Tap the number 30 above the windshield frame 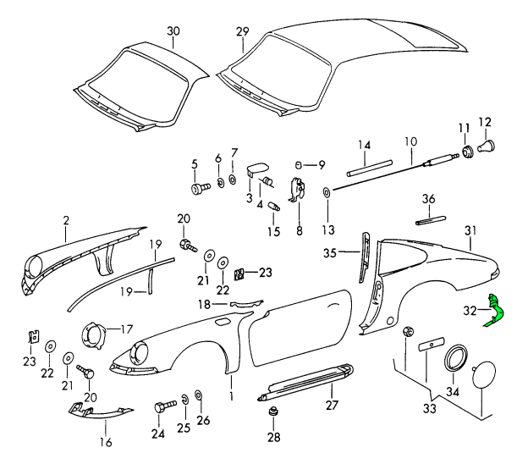pyautogui.click(x=173, y=31)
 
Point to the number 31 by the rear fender pyautogui.click(x=471, y=229)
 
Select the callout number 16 pyautogui.click(x=107, y=442)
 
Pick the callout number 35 pyautogui.click(x=331, y=251)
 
